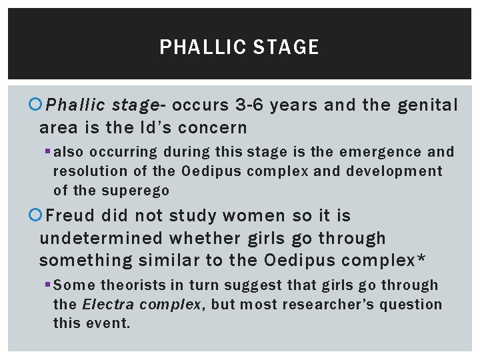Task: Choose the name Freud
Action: click(x=74, y=216)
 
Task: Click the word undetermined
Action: click(x=101, y=238)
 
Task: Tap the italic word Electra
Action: click(x=107, y=305)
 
